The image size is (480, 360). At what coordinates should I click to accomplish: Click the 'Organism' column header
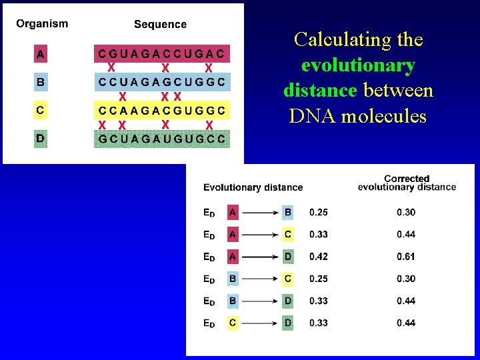click(42, 24)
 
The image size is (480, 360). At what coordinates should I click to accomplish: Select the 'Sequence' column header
click(160, 25)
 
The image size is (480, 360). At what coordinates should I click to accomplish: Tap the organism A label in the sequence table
click(41, 53)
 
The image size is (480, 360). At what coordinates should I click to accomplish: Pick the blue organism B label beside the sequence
click(41, 82)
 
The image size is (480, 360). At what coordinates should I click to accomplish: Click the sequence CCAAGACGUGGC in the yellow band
click(162, 110)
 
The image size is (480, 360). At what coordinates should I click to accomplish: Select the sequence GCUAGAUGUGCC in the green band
click(162, 139)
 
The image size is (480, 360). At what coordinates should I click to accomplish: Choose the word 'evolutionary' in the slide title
click(358, 65)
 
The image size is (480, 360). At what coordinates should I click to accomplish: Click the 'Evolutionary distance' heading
click(253, 187)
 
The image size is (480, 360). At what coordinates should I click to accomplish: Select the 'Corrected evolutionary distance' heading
click(407, 183)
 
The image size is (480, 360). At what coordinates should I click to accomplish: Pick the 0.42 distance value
click(319, 257)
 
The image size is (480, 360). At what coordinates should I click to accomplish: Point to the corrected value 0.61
click(406, 257)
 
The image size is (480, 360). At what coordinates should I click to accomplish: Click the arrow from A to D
click(260, 257)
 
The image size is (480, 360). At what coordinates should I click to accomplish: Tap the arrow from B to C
click(260, 279)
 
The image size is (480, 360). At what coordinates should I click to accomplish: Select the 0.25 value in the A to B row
click(319, 213)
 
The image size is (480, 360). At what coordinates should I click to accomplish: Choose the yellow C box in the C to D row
click(233, 323)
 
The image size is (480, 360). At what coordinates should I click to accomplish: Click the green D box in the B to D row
click(288, 301)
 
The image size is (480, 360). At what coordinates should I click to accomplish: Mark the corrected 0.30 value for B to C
click(406, 279)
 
